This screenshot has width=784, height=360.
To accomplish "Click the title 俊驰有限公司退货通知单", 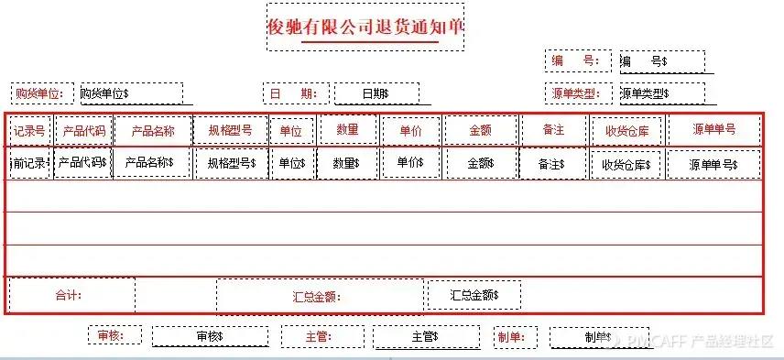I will (x=365, y=27).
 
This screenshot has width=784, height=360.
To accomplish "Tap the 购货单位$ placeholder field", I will (x=130, y=93).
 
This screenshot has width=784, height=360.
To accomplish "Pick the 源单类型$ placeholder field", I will (x=661, y=93).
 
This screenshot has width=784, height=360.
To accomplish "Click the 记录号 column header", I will (x=29, y=130).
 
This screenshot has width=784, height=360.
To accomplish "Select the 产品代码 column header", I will (x=83, y=130).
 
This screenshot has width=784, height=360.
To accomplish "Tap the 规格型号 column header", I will (x=231, y=130).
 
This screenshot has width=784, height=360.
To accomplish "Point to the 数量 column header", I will (x=347, y=130).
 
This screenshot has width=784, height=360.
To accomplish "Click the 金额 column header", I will (x=480, y=130).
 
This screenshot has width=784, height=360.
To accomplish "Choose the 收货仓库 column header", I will (x=626, y=131).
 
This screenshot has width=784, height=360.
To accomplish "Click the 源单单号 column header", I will (x=713, y=129).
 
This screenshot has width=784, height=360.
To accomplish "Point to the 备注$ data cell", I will (x=551, y=164).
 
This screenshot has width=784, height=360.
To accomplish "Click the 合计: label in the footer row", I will (x=70, y=296).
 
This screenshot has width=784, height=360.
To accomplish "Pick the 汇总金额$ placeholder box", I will (x=474, y=295).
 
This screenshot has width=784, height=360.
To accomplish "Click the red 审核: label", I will (x=114, y=336).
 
